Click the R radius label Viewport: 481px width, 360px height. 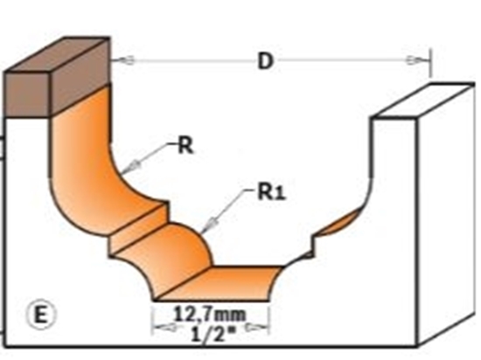(185, 145)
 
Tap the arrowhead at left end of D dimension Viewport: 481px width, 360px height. (124, 60)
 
